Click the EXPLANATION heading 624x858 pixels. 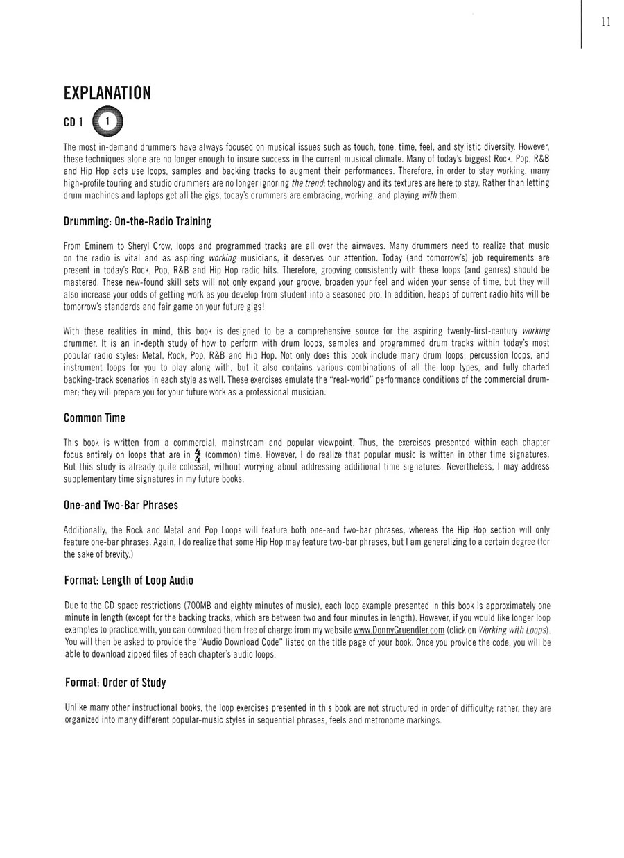[107, 94]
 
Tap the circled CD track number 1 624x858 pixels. [107, 121]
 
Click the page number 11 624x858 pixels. [605, 22]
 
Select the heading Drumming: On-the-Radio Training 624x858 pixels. [137, 222]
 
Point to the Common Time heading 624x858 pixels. [94, 418]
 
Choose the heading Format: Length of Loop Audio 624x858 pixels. [129, 581]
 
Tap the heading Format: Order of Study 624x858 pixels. [116, 683]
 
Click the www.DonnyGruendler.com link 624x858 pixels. [399, 630]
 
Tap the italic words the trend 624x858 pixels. [307, 183]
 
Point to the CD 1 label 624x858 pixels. [73, 122]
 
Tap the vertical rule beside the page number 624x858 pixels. [581, 24]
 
